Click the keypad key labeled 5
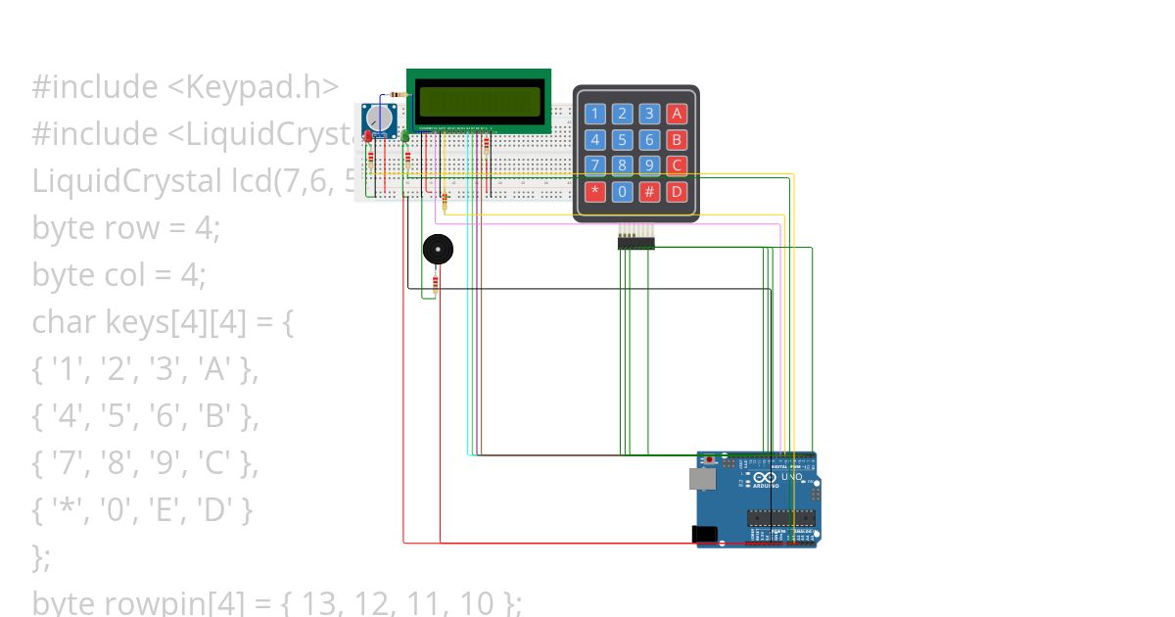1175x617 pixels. pyautogui.click(x=622, y=139)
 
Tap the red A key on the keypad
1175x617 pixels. pyautogui.click(x=676, y=113)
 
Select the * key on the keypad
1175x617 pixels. pyautogui.click(x=594, y=191)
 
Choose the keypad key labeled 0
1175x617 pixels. pyautogui.click(x=622, y=191)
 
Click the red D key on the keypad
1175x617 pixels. pyautogui.click(x=676, y=191)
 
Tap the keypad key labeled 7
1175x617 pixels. pyautogui.click(x=594, y=165)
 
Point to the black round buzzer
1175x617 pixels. pyautogui.click(x=438, y=250)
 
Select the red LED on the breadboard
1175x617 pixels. pyautogui.click(x=368, y=137)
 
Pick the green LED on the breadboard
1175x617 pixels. pyautogui.click(x=405, y=137)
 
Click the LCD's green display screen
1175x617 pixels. pyautogui.click(x=479, y=101)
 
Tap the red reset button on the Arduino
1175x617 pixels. pyautogui.click(x=710, y=458)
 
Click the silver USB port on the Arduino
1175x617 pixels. pyautogui.click(x=702, y=478)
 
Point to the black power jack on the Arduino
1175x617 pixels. pyautogui.click(x=704, y=534)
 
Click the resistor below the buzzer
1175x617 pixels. pyautogui.click(x=435, y=283)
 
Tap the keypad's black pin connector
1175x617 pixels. pyautogui.click(x=635, y=241)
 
